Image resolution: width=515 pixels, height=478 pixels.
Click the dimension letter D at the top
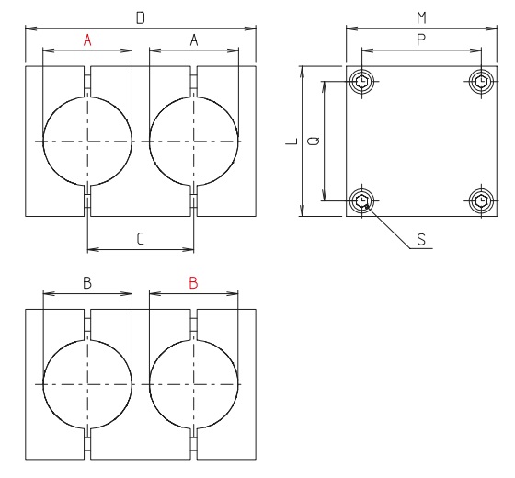click(x=141, y=17)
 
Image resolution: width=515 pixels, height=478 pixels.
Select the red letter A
click(x=88, y=40)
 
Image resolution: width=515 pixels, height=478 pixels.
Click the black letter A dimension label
click(x=194, y=40)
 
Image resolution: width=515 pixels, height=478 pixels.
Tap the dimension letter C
click(x=141, y=238)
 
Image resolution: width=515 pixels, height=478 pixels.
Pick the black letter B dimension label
click(x=87, y=283)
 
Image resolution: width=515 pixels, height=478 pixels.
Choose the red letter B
click(x=193, y=283)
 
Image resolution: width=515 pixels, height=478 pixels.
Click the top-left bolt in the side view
click(x=363, y=82)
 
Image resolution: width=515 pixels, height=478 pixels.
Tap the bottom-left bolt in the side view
click(x=363, y=200)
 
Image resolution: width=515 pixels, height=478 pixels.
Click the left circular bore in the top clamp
click(x=88, y=141)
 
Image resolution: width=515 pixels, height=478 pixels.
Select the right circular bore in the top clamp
click(x=194, y=141)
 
